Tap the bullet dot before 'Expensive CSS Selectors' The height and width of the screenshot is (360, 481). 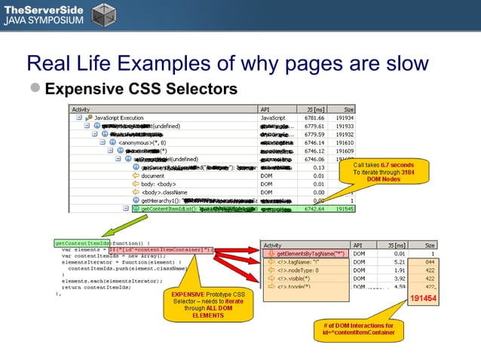point(35,90)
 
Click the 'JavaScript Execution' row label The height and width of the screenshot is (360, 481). point(121,118)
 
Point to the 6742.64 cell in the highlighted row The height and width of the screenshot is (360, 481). point(311,209)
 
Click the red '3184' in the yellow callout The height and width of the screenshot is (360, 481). point(408,172)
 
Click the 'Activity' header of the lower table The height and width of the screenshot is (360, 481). point(273,245)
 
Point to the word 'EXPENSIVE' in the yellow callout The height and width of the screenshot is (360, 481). point(188,294)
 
